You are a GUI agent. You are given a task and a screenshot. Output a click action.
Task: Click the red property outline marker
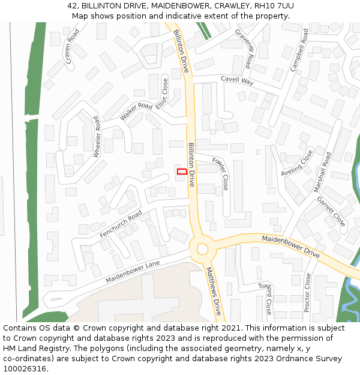[182, 172]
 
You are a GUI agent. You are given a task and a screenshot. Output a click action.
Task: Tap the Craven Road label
[73, 47]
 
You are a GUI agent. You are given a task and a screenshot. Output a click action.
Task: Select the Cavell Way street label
[237, 80]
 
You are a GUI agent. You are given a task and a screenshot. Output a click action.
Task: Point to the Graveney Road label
[245, 49]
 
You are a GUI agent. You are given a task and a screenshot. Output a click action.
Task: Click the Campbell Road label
[299, 50]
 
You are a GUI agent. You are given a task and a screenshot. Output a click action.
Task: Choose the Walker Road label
[136, 111]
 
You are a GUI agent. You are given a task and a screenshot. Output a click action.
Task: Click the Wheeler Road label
[96, 137]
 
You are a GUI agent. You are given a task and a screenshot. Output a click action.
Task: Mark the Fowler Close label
[221, 174]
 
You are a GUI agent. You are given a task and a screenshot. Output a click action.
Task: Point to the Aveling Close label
[297, 163]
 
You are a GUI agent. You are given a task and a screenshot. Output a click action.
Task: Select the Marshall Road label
[322, 172]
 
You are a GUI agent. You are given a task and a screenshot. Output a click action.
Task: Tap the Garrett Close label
[331, 211]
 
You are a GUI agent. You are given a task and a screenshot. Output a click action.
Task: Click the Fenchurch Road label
[121, 223]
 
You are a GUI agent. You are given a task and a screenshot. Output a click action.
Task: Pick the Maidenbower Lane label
[133, 272]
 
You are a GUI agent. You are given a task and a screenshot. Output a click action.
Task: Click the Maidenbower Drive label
[290, 246]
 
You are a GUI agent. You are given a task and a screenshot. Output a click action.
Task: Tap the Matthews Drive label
[214, 292]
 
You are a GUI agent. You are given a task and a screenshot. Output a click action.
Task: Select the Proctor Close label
[307, 293]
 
